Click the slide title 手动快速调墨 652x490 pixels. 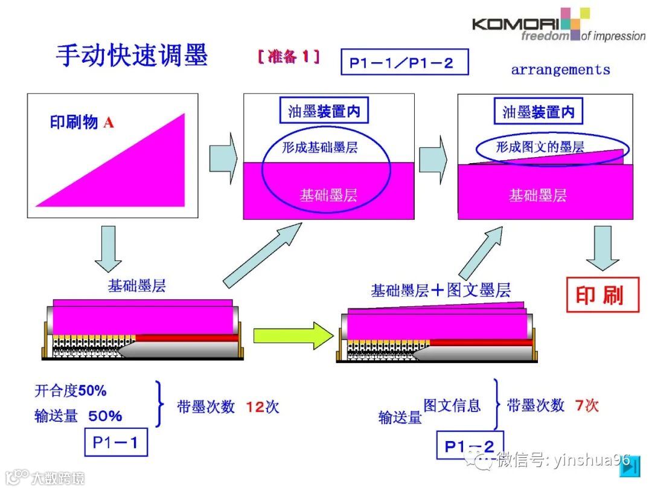click(132, 56)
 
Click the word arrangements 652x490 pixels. click(560, 70)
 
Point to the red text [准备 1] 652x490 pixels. click(288, 57)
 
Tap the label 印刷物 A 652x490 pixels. click(81, 123)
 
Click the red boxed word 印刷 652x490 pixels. click(602, 295)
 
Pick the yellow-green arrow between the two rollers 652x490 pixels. click(293, 334)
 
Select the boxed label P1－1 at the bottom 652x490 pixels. click(115, 443)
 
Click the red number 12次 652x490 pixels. click(262, 407)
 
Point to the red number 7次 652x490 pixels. click(586, 405)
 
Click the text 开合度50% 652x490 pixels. click(71, 392)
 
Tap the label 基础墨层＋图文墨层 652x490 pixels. click(441, 291)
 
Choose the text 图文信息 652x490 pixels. click(452, 405)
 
